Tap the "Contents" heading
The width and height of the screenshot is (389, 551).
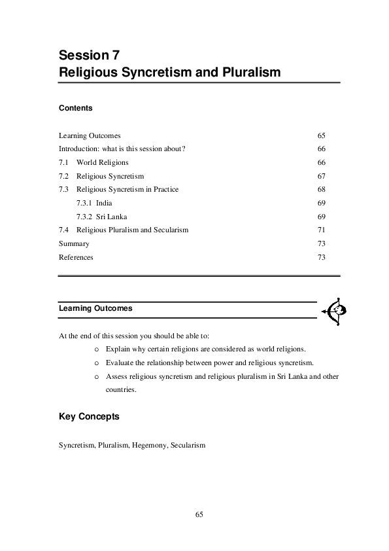75,108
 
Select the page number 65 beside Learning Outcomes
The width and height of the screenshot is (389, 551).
321,135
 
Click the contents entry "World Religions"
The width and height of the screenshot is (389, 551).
103,162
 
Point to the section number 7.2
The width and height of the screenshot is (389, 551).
63,176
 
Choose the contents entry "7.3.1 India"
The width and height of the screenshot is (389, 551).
94,204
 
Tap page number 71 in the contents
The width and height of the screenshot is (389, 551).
321,230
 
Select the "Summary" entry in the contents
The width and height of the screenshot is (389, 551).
74,244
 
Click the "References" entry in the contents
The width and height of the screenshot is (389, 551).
76,257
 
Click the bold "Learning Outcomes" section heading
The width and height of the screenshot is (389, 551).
95,307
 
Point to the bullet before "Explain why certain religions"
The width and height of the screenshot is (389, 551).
97,349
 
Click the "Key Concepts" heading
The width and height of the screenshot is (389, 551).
89,416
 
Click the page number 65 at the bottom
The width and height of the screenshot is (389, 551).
199,514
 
